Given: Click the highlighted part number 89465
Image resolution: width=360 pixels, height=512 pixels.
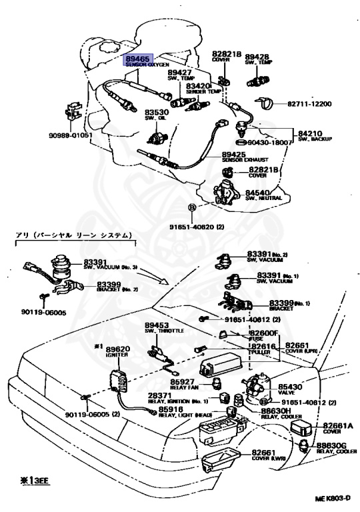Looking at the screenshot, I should pos(137,59).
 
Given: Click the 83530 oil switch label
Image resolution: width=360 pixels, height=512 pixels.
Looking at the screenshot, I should pos(158,113).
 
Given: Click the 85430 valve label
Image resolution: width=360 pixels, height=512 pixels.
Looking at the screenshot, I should pos(289,386).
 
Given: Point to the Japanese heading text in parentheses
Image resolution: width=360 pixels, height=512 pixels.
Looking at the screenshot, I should pos(73,235).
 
